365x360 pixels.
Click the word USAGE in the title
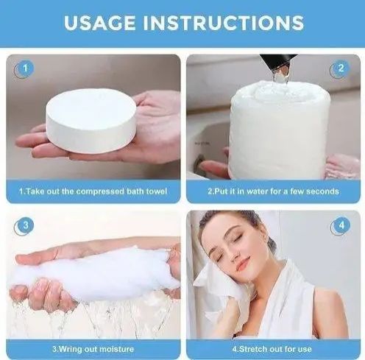pyautogui.click(x=102, y=22)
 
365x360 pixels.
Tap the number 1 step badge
pyautogui.click(x=25, y=69)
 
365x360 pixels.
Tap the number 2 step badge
pyautogui.click(x=340, y=69)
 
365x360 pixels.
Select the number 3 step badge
pyautogui.click(x=25, y=225)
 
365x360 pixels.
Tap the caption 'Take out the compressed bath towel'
pyautogui.click(x=93, y=191)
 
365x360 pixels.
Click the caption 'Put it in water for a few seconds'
pyautogui.click(x=273, y=191)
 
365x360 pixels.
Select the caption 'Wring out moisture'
pyautogui.click(x=93, y=348)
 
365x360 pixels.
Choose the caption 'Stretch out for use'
pyautogui.click(x=273, y=348)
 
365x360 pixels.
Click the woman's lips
pyautogui.click(x=243, y=263)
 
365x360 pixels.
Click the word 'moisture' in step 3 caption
pyautogui.click(x=114, y=348)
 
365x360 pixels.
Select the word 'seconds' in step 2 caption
pyautogui.click(x=322, y=191)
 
